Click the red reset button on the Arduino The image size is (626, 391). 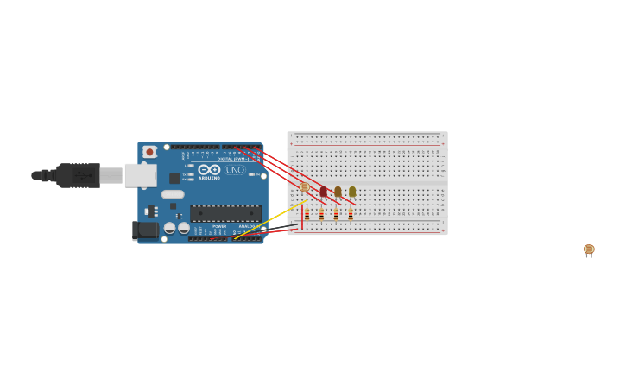pyautogui.click(x=149, y=152)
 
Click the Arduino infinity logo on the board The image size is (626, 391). pyautogui.click(x=209, y=169)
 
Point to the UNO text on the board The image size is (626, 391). pyautogui.click(x=235, y=170)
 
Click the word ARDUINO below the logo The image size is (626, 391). pyautogui.click(x=209, y=178)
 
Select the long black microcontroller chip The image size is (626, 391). pyautogui.click(x=225, y=212)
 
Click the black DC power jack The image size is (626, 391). pyautogui.click(x=146, y=230)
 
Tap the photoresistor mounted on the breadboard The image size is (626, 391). pyautogui.click(x=304, y=187)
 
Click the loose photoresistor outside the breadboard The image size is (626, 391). pyautogui.click(x=589, y=249)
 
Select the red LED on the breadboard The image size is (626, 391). pyautogui.click(x=324, y=192)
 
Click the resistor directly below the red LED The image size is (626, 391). pyautogui.click(x=321, y=213)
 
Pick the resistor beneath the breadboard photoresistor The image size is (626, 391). pyautogui.click(x=307, y=213)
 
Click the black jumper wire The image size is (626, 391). pyautogui.click(x=276, y=229)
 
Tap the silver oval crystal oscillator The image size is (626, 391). pyautogui.click(x=173, y=194)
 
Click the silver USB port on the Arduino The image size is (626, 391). pyautogui.click(x=140, y=175)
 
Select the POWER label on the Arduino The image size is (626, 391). pyautogui.click(x=219, y=226)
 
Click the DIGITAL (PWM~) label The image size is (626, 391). pyautogui.click(x=232, y=159)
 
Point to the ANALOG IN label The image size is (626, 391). pyautogui.click(x=248, y=226)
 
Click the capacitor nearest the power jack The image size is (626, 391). pyautogui.click(x=170, y=228)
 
